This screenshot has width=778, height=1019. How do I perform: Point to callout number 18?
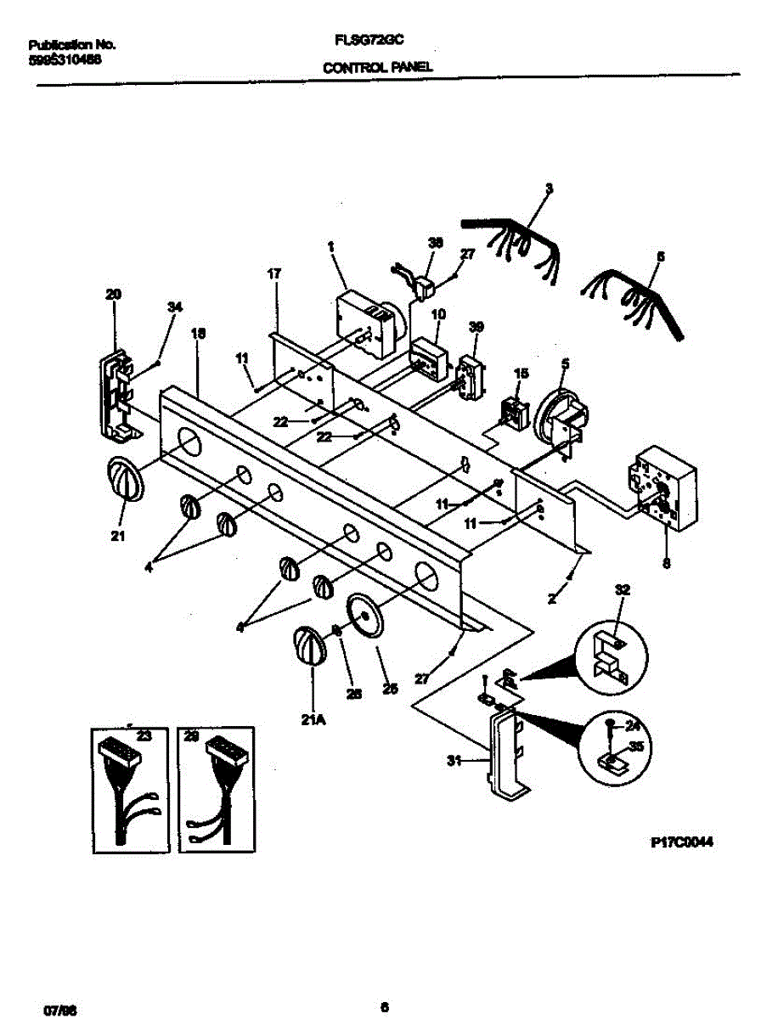(x=198, y=335)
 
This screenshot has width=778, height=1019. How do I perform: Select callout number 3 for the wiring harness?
(x=549, y=189)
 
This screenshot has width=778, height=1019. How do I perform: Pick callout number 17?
(x=274, y=273)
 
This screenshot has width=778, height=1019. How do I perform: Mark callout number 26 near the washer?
(x=354, y=692)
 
